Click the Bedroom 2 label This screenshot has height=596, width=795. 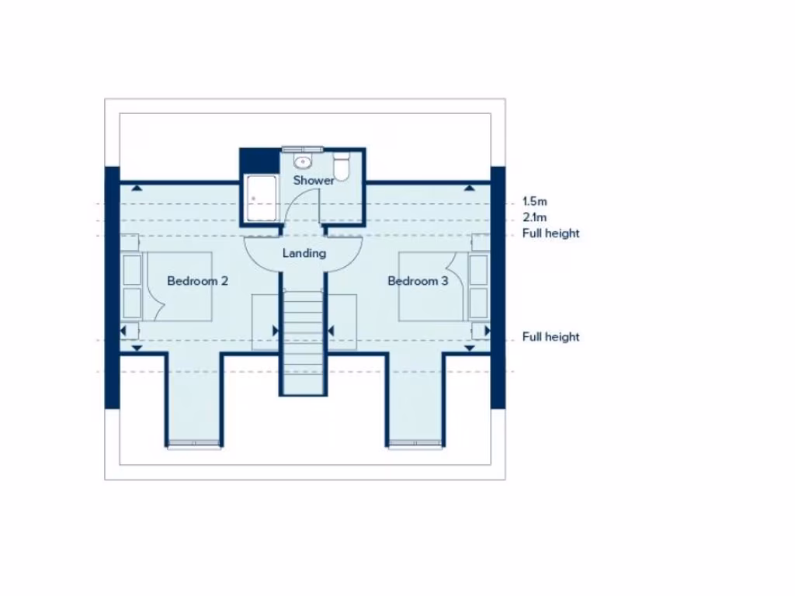(x=197, y=281)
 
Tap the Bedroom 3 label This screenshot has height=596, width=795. (x=418, y=281)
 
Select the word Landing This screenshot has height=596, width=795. (x=304, y=253)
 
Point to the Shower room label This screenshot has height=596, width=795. (x=314, y=180)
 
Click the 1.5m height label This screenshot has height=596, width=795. (x=535, y=201)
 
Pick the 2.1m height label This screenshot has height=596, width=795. (x=535, y=217)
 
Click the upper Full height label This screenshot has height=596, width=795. (x=550, y=234)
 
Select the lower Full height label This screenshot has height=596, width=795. (x=550, y=337)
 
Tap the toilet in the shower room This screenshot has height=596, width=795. (x=341, y=166)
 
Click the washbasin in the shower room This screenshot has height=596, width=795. (x=303, y=162)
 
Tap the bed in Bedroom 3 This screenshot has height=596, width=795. (x=435, y=286)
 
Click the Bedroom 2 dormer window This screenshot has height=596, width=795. (x=194, y=445)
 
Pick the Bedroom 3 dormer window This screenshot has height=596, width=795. (x=415, y=445)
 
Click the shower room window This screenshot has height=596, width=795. (x=300, y=147)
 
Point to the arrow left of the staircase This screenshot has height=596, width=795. (x=275, y=331)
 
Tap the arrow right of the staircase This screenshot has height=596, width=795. (x=331, y=331)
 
